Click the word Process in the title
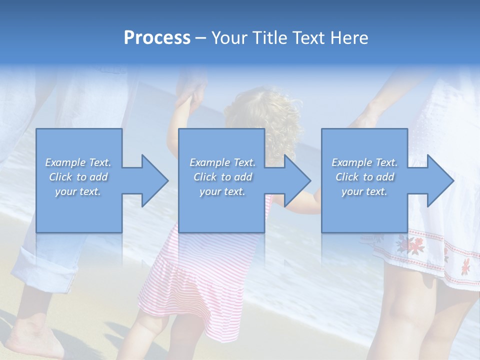coord(157,38)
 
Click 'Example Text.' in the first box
coord(78,162)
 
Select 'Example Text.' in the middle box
coord(222,162)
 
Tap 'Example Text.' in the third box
coord(364,162)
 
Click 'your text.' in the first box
coord(78,191)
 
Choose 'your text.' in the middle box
coord(222,191)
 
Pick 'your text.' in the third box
coord(364,191)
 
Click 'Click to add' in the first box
coord(78,177)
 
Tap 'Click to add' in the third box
coord(364,177)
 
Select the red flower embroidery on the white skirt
coord(410,245)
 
